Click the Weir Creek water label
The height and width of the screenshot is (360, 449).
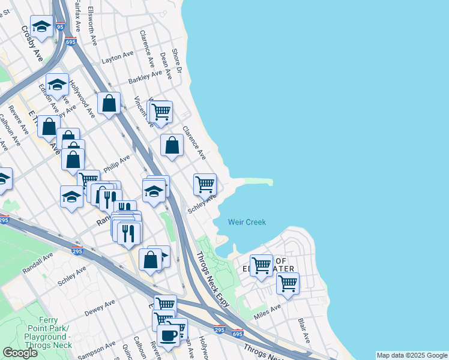247,222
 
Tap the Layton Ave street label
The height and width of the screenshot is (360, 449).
118,58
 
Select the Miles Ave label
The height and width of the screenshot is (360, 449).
267,311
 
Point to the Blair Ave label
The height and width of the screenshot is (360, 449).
303,331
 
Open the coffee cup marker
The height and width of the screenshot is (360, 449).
168,335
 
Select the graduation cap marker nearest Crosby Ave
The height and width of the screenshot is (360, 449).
41,26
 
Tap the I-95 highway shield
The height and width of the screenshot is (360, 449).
58,26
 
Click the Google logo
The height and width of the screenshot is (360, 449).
20,353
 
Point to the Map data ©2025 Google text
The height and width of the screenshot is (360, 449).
411,355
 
